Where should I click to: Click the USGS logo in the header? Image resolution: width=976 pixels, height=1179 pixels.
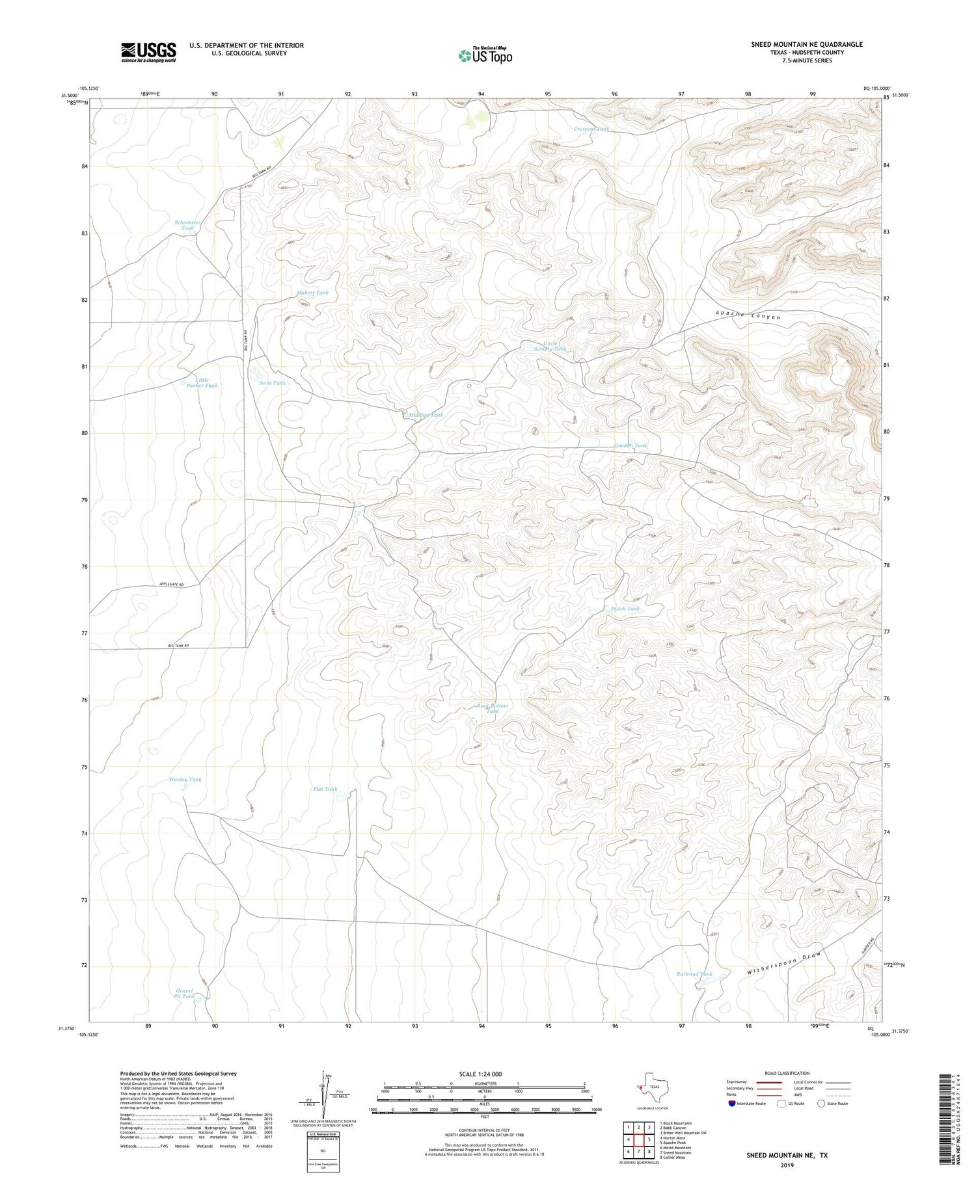point(148,52)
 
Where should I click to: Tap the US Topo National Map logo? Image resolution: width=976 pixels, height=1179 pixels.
point(485,55)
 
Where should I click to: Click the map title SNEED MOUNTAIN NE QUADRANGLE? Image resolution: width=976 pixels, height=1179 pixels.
point(807,44)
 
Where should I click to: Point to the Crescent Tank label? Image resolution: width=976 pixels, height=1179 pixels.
point(591,129)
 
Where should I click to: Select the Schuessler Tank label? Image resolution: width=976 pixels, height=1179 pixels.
point(187,225)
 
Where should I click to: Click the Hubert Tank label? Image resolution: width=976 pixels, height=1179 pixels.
point(313,293)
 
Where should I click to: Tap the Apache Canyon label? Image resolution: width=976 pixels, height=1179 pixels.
point(748,315)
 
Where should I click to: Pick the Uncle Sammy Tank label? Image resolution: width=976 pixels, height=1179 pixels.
point(550,347)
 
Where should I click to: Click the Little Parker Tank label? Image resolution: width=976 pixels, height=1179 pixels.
point(202,382)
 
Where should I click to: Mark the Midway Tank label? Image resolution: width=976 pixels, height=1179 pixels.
point(426,415)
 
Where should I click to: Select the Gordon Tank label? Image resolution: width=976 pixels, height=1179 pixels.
point(630,445)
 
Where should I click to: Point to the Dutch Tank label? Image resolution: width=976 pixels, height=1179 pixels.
point(625,609)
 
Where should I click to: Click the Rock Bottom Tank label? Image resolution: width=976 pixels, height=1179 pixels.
point(493,708)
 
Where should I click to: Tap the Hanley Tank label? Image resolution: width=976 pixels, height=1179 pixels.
point(185,779)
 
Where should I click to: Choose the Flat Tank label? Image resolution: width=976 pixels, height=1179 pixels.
point(325,789)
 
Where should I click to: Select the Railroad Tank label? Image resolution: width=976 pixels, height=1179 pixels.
point(694,974)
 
